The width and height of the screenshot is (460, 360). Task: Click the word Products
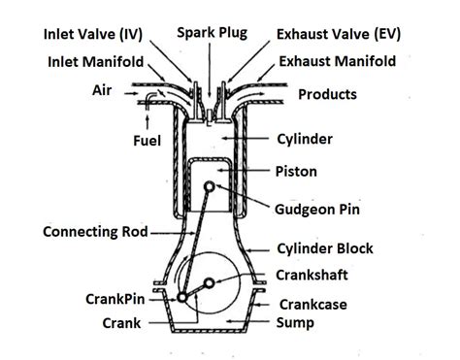[x=327, y=95]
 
